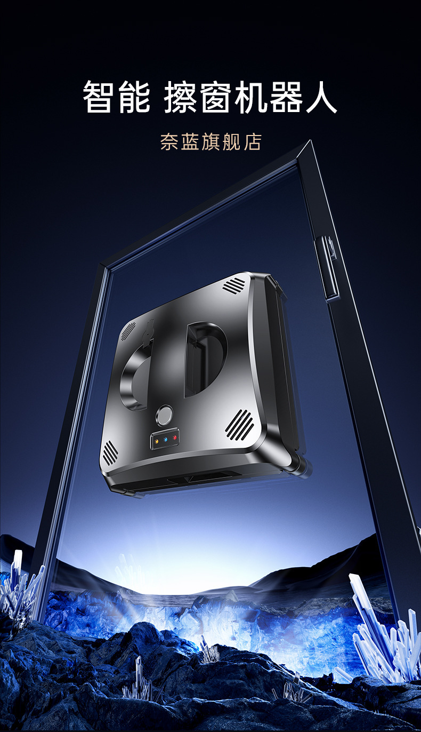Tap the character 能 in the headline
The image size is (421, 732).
pos(134,97)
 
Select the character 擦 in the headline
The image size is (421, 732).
pos(180,97)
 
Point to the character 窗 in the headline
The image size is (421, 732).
pos(216,97)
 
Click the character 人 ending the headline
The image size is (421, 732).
pos(321,97)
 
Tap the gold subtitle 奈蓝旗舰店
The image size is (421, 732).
pos(210,142)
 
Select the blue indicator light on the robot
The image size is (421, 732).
pos(166,440)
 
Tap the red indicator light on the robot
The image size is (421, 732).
pos(175,437)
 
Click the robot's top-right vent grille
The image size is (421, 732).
pos(234,285)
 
